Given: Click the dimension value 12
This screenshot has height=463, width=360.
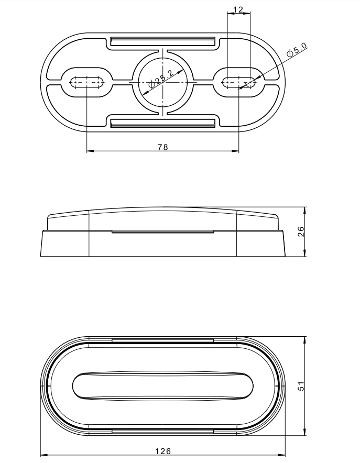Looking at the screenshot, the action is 238,10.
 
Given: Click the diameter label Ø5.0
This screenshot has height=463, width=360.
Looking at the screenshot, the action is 297,50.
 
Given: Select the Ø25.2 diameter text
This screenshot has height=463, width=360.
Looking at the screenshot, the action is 161,79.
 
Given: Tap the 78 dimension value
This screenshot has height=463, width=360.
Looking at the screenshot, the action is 163,147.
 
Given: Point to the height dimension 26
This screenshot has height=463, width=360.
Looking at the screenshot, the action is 300,231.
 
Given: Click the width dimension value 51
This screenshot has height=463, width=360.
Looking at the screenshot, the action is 301,386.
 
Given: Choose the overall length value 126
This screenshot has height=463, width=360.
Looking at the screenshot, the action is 163,451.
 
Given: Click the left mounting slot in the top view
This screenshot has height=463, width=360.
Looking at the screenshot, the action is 87,82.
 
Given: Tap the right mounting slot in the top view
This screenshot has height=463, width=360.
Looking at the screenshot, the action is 238,82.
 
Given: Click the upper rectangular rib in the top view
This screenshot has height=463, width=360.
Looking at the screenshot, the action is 163,41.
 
